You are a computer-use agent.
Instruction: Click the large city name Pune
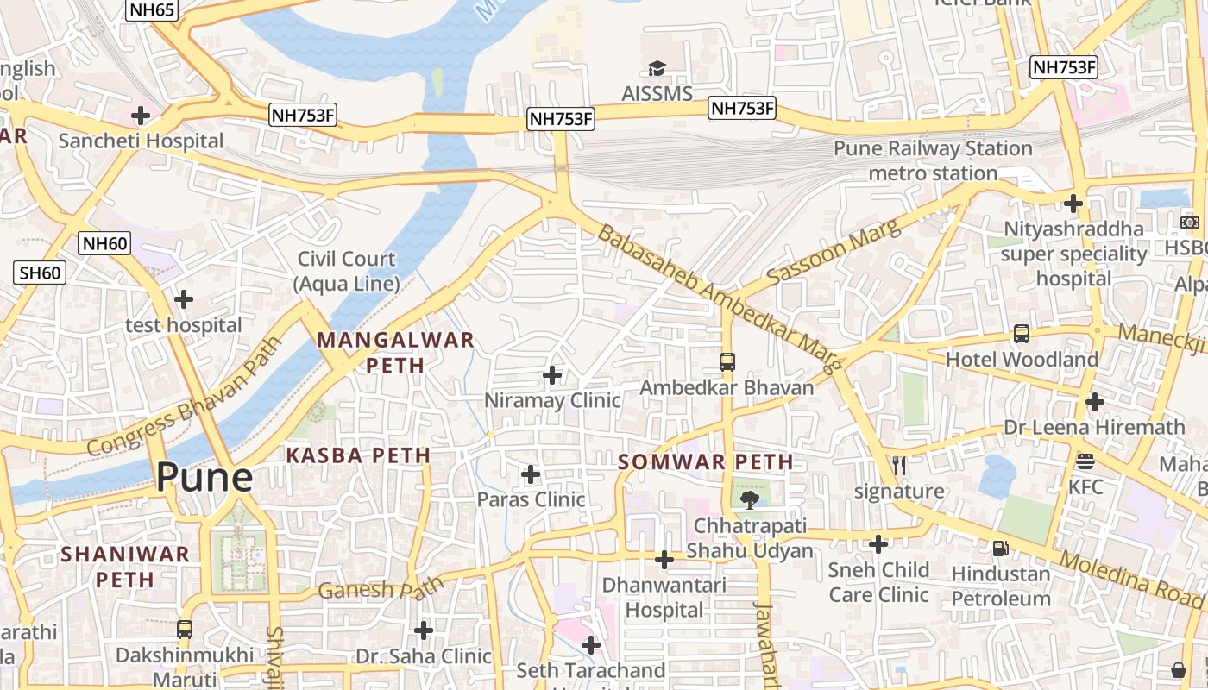pos(204,477)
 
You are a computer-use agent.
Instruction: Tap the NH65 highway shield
pos(153,10)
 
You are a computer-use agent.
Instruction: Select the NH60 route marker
pos(105,243)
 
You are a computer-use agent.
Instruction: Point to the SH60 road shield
pos(41,273)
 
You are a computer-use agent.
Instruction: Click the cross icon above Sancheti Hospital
pos(140,115)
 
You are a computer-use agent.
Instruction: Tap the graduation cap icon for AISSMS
pos(657,68)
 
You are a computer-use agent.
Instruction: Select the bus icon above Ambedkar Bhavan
pos(727,361)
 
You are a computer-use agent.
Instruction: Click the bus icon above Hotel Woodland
pos(1022,333)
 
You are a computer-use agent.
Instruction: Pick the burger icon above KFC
pos(1085,461)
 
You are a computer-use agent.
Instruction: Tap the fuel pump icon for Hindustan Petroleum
pos(1000,548)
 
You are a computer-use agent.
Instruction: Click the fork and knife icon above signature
pos(899,466)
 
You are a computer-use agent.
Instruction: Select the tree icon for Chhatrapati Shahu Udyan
pos(749,499)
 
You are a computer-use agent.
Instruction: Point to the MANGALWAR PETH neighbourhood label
pos(395,352)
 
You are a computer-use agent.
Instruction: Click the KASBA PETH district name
pos(358,455)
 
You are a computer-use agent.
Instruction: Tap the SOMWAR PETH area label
pos(706,461)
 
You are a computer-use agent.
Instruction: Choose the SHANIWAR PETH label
pos(125,566)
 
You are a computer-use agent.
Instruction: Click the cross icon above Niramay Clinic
pos(552,375)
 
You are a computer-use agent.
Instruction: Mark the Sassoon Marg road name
pos(833,252)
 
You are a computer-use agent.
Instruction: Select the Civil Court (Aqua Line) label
pos(347,271)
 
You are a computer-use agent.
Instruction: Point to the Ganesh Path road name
pos(381,590)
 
